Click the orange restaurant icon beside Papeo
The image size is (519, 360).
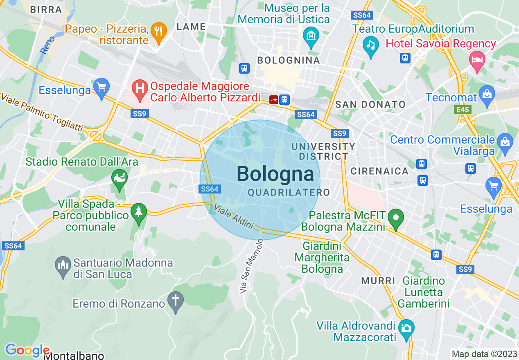pos(158,31)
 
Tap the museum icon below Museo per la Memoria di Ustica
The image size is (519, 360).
pos(311,36)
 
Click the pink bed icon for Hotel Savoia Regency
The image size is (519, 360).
pos(477,59)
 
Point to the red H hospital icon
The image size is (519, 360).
pos(140,87)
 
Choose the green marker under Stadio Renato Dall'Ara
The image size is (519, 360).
pos(120,178)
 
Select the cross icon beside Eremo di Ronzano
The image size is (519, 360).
pos(176,300)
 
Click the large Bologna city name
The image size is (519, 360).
pos(275,174)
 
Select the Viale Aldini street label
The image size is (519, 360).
pos(234,216)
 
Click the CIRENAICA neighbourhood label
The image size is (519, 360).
pos(379,171)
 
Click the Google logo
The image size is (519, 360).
pos(27,350)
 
